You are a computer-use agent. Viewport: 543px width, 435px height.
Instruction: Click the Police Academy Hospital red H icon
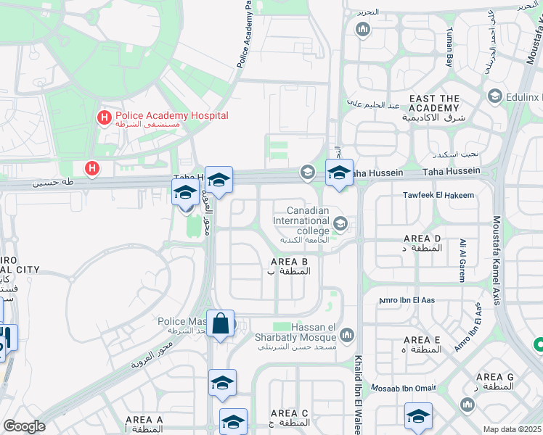pos(105,116)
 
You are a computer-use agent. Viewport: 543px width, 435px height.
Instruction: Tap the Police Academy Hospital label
pos(171,116)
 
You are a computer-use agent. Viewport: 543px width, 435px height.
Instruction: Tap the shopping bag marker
pos(221,323)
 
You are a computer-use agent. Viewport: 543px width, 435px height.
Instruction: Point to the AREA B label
pos(290,262)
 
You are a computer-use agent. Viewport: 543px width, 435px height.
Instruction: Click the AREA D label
pos(422,239)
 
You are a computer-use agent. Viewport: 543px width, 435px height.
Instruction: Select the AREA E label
pos(422,340)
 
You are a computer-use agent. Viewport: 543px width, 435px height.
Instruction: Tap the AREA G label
pos(495,377)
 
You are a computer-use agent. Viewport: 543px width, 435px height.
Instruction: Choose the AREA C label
pos(289,413)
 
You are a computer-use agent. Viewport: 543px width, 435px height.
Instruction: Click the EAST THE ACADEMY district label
pos(435,103)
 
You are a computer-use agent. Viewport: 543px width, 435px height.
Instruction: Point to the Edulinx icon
pos(495,96)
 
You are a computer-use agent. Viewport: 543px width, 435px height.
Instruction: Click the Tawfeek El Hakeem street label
pos(438,195)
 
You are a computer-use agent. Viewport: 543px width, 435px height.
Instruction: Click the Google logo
pos(24,426)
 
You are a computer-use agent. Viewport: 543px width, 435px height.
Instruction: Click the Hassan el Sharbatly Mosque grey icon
pos(347,334)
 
